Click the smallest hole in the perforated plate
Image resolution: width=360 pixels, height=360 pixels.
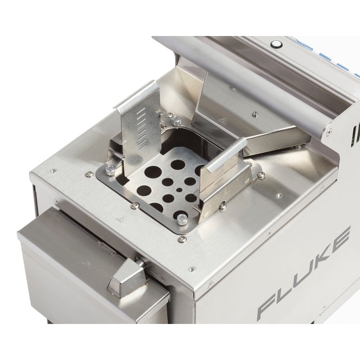pyautogui.click(x=179, y=190)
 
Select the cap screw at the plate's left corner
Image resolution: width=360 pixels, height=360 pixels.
pyautogui.click(x=110, y=169)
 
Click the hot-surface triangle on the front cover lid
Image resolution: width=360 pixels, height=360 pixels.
pyautogui.click(x=87, y=264)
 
